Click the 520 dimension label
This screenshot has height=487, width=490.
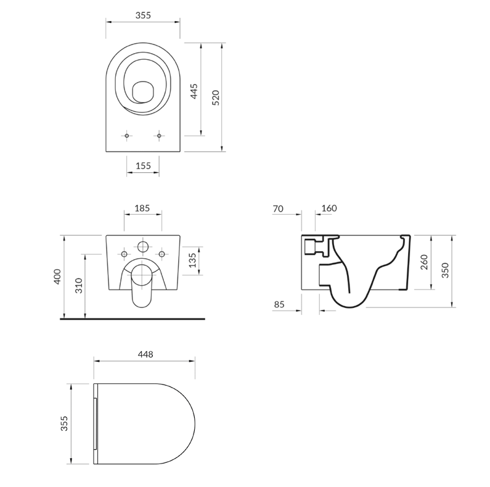(216, 98)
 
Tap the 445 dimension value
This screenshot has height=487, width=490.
(194, 91)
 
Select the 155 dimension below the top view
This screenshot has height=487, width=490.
(143, 165)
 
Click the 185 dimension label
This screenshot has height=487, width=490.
(142, 208)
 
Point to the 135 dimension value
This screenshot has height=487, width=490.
(192, 260)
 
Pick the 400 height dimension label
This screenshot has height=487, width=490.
(58, 277)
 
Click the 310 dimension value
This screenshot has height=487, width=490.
(79, 285)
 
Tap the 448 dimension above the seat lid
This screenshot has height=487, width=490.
(145, 354)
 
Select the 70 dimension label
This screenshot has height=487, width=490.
(278, 209)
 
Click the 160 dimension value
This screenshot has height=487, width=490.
(329, 208)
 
